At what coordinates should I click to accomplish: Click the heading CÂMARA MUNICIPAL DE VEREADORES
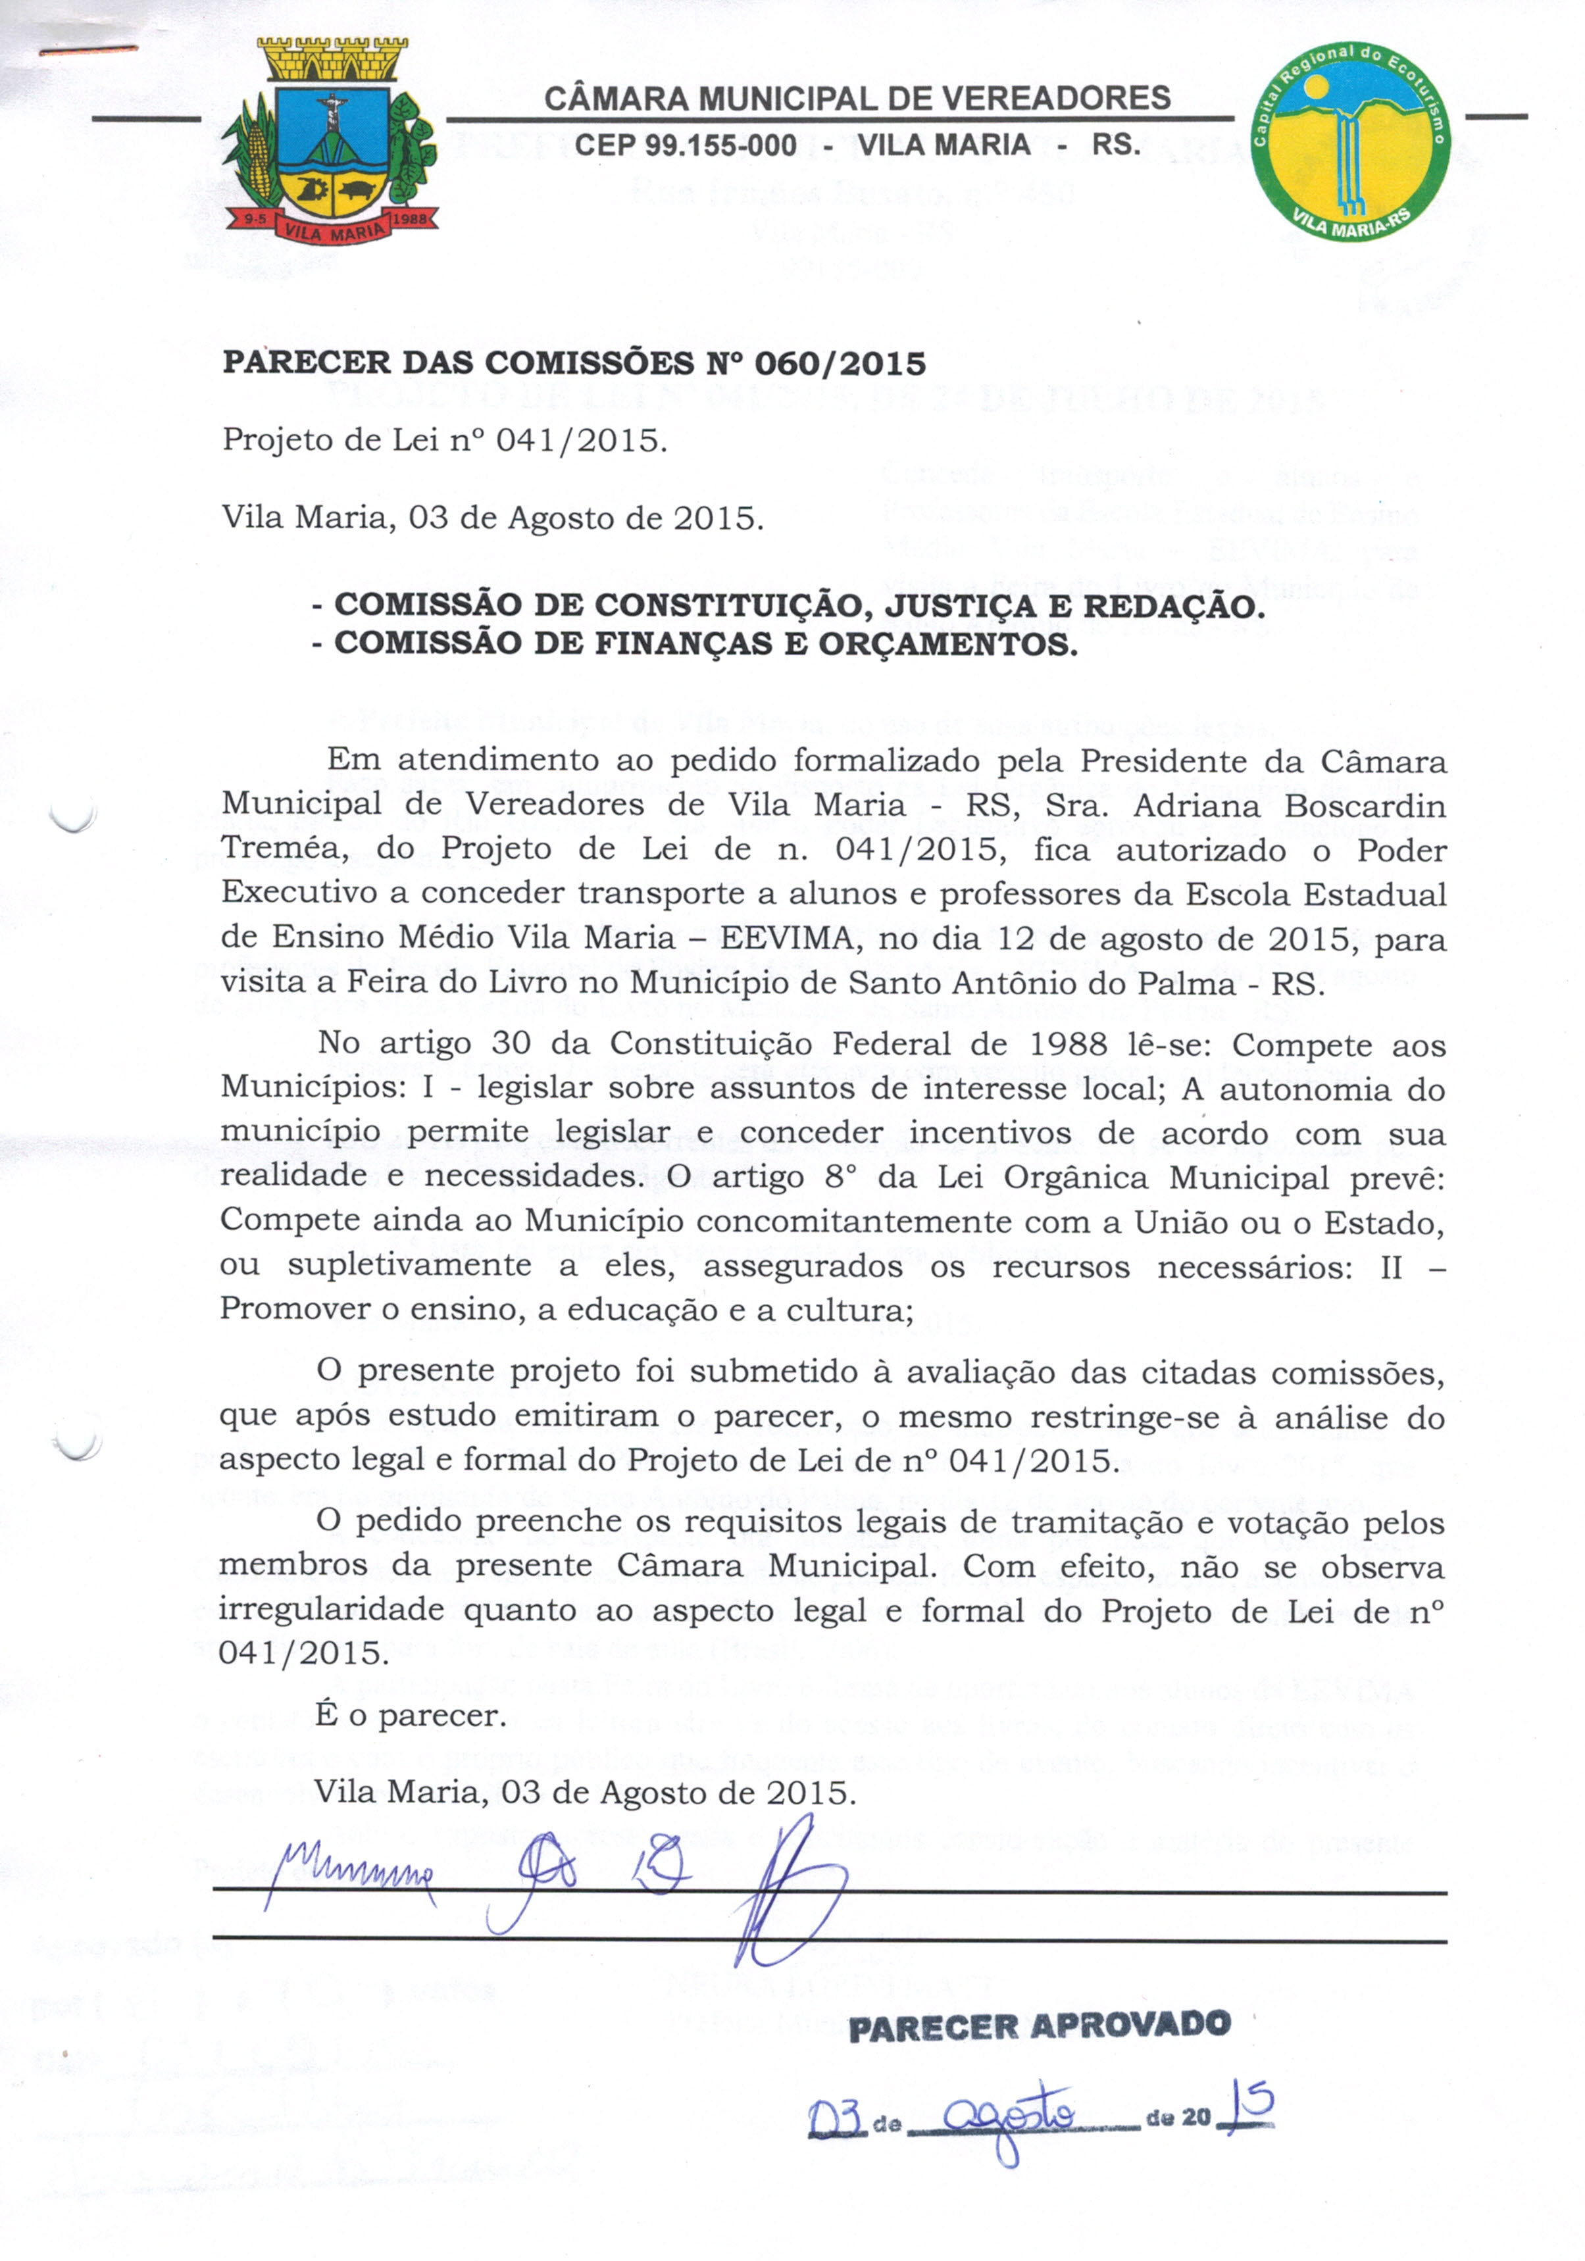(857, 99)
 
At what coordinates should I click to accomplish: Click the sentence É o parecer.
(410, 1716)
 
